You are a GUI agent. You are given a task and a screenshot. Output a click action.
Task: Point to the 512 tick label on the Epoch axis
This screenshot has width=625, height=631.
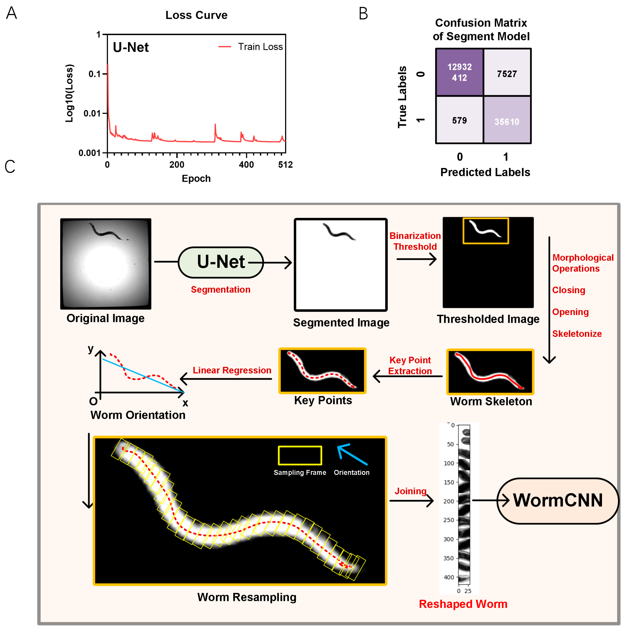point(285,165)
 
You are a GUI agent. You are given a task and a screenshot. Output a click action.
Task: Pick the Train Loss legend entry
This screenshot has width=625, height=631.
point(251,47)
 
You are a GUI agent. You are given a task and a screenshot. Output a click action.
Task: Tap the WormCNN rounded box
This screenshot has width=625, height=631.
point(557,500)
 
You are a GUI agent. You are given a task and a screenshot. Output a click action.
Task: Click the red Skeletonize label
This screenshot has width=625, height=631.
point(577,334)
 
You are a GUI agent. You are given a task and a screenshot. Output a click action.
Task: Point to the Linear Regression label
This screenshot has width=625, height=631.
point(232,370)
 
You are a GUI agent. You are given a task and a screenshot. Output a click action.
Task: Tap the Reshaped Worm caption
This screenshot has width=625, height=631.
point(463,604)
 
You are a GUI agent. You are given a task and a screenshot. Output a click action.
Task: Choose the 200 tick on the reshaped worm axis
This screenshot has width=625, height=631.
point(448,501)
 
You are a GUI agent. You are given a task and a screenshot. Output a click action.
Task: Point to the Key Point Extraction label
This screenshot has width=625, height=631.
point(410,366)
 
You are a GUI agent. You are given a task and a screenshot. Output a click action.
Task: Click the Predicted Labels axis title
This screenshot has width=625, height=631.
point(485,172)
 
